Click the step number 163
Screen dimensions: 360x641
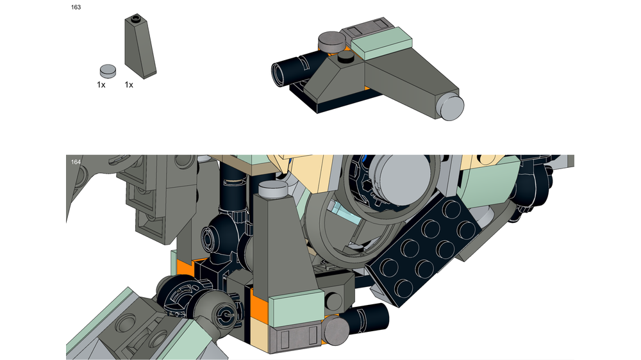tap(76, 7)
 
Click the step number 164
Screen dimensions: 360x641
tap(76, 162)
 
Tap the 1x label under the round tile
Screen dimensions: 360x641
tap(101, 85)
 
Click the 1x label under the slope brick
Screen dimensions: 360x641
tap(129, 85)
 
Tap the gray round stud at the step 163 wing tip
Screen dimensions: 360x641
tap(451, 105)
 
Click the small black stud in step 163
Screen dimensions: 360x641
tap(347, 58)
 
